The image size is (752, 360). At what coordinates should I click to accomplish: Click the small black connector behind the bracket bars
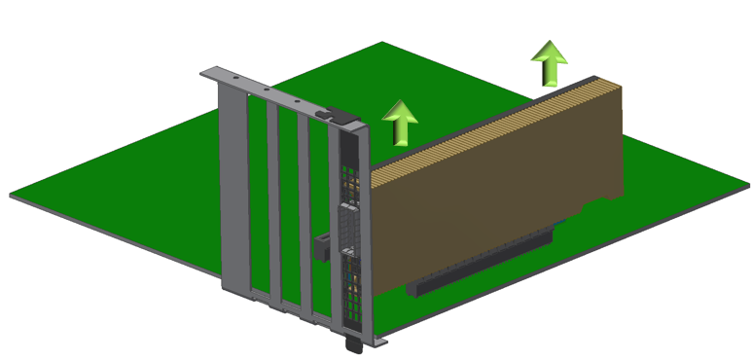pos(321,248)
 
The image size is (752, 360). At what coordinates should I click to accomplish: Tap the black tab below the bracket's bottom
pos(351,342)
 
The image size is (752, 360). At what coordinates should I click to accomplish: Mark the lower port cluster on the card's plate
pos(351,282)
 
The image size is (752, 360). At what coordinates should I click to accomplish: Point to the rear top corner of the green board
pos(382,44)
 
